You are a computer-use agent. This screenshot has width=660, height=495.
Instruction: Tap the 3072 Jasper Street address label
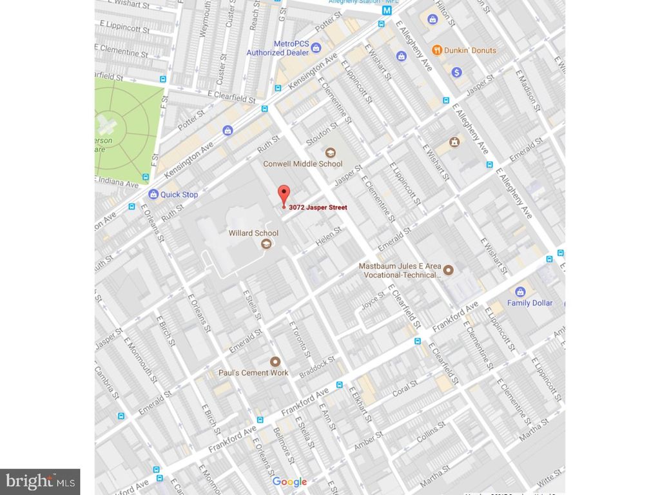[x=318, y=208]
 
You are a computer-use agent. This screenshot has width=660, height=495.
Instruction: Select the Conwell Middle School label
[x=303, y=164]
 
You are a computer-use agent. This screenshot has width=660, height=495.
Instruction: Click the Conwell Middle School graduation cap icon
[x=330, y=152]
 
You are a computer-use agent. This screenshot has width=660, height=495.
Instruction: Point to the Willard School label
[x=253, y=233]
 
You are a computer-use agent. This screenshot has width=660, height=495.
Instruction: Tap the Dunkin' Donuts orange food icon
[x=436, y=50]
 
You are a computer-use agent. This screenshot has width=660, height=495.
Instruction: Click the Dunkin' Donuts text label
[x=470, y=50]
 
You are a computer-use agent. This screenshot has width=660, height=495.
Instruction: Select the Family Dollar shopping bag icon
[x=521, y=291]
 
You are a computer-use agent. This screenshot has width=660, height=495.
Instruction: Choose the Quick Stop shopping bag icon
[x=153, y=194]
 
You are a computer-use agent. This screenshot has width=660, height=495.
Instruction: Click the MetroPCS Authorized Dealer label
[x=278, y=48]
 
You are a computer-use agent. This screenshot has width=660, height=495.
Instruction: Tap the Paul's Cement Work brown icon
[x=275, y=362]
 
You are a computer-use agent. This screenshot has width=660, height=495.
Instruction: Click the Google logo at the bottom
[x=289, y=481]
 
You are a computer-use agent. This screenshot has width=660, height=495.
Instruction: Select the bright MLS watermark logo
[x=39, y=481]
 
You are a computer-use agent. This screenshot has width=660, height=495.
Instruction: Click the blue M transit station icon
[x=387, y=11]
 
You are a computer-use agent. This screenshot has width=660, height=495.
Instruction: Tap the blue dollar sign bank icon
[x=456, y=72]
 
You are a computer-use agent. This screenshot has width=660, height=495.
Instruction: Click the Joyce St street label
[x=373, y=300]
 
